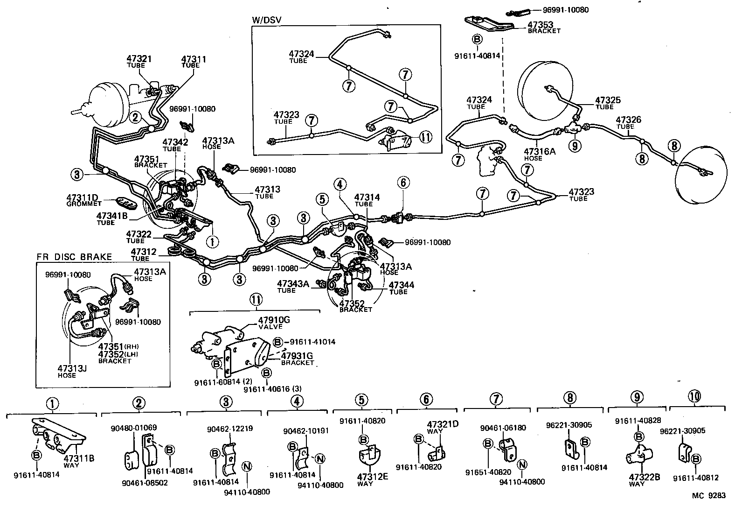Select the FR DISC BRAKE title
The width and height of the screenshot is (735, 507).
click(74, 257)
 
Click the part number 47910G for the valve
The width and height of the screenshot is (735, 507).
click(274, 320)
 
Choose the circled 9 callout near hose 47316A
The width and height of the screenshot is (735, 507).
click(575, 146)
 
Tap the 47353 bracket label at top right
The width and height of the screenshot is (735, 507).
click(541, 24)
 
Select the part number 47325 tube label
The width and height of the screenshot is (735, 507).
click(608, 100)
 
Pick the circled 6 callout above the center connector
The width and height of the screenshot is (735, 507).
click(403, 183)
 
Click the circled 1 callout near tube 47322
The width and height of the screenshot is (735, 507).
click(212, 241)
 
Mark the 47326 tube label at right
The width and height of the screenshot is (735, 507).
click(628, 120)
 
